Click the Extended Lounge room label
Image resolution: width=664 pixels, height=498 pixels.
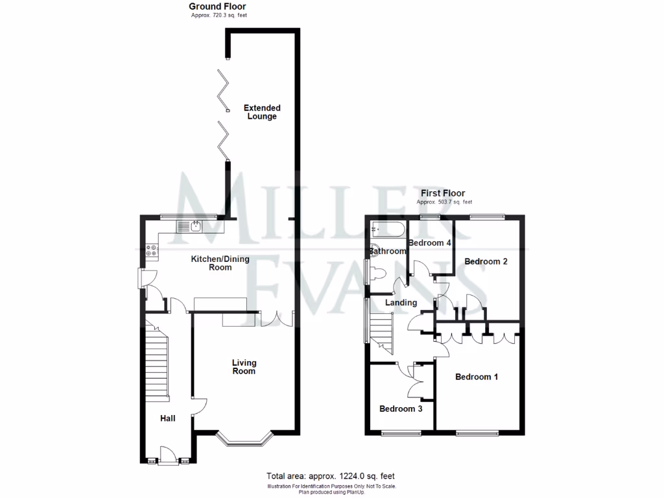pos(262,112)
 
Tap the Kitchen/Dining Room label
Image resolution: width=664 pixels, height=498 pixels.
pos(211,263)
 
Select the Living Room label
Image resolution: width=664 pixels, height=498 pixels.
pos(244,367)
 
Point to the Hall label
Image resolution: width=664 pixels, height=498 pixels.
pos(168,418)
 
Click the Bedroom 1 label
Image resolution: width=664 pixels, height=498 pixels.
pos(476,377)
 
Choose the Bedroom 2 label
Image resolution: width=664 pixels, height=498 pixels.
pos(486,261)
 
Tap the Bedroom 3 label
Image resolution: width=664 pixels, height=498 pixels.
pos(401,409)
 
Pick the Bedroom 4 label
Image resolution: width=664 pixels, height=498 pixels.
pos(429,243)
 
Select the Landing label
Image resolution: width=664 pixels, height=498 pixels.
pos(401,302)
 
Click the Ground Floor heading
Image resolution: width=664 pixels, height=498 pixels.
pos(218,6)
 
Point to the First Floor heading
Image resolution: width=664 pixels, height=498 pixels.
pos(442,193)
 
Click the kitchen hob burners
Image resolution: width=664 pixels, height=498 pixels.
pos(152,250)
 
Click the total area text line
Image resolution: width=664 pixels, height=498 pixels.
pos(331,475)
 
